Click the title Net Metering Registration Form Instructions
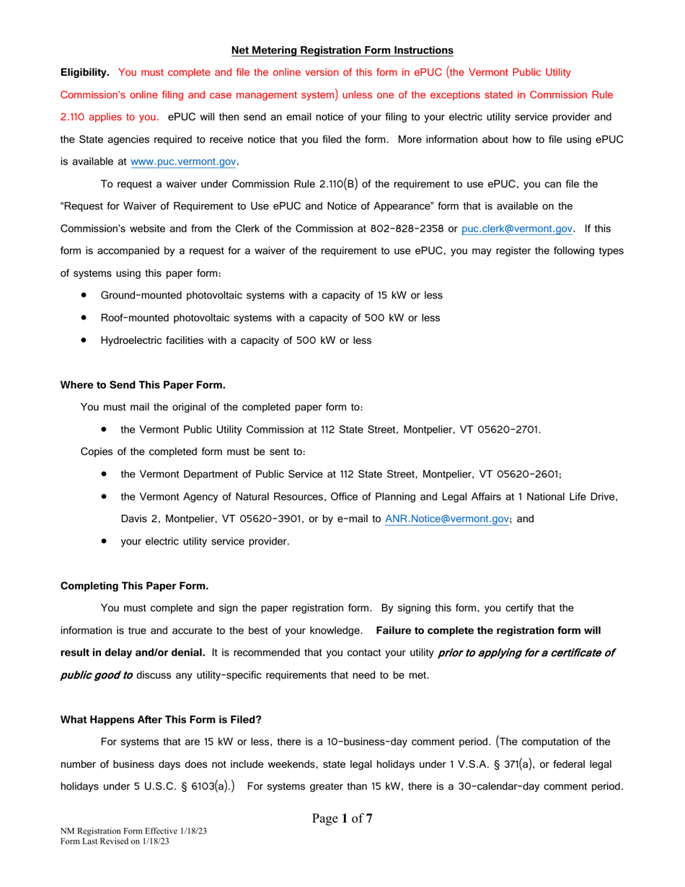coord(342,50)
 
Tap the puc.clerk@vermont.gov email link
coord(517,229)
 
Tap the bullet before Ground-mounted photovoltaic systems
coord(85,295)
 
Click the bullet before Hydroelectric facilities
coord(85,340)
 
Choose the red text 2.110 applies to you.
coord(109,118)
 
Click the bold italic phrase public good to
coord(96,675)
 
